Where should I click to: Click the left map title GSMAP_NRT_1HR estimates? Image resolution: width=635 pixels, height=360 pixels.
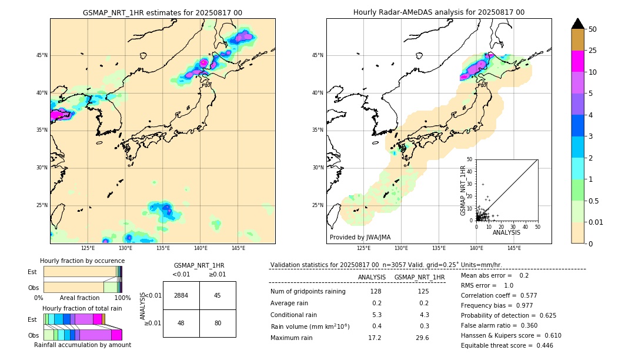coord(162,12)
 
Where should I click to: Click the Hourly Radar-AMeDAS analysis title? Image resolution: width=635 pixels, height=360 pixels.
coord(439,12)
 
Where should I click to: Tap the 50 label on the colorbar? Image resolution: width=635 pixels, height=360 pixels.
coord(593,29)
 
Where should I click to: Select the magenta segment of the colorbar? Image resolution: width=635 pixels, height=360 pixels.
coord(578,61)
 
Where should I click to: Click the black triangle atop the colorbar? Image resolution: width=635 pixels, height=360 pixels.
coord(578,24)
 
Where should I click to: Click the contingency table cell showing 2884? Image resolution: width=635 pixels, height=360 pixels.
coord(181,295)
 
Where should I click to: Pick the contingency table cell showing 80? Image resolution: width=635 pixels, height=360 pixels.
coord(218,323)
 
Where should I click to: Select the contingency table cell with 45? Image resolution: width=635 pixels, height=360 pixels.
coord(218,295)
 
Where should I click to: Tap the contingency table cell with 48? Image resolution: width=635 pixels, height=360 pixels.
coord(181,323)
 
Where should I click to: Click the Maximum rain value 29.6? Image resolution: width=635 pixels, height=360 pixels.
coord(422,338)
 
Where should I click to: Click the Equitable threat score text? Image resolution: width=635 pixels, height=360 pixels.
coord(507,345)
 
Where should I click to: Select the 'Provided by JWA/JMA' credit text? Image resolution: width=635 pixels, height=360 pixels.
coord(360,237)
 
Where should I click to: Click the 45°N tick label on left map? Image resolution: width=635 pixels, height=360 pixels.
coord(42,55)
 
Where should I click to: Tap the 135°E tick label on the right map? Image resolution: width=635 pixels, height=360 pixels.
coord(439,248)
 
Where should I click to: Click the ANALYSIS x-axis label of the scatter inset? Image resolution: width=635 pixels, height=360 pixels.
coord(506,232)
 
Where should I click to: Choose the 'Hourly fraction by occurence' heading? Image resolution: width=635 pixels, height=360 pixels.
coord(82,261)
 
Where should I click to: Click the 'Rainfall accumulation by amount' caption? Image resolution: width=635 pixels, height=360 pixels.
coord(82,345)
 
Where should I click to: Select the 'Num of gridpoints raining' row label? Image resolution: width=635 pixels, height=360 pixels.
coord(308,291)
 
